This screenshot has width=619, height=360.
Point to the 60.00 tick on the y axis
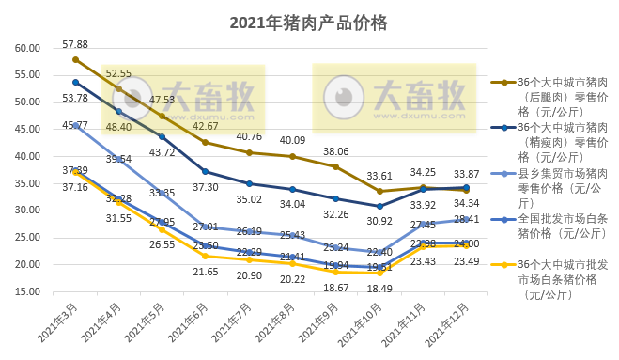[x=26, y=48]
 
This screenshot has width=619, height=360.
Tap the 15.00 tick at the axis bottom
[x=26, y=292]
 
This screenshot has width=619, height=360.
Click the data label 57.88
[x=75, y=44]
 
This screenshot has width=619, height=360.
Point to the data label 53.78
[x=75, y=98]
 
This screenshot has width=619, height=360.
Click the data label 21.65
[x=206, y=272]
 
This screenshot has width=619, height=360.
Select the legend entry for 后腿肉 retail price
[x=554, y=97]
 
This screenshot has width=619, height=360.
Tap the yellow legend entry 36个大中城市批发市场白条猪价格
[x=554, y=277]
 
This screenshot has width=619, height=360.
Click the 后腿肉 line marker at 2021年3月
[x=75, y=59]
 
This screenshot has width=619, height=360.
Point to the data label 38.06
[x=335, y=151]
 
